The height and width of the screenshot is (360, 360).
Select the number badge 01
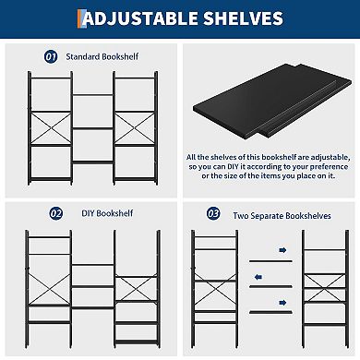[x=52, y=56]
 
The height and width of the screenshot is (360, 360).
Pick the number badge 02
[x=55, y=213]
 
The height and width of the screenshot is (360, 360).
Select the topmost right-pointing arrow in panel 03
[x=282, y=249]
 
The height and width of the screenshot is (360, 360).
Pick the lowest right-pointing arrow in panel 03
[x=282, y=300]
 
